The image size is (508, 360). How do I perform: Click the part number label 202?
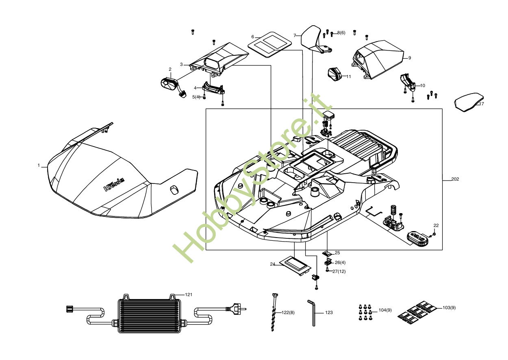click(x=455, y=179)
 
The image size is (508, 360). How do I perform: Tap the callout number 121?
click(x=189, y=295)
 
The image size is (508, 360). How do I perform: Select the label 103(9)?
click(x=449, y=308)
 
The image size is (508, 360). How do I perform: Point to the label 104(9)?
click(x=385, y=310)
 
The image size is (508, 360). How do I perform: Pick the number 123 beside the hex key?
click(x=329, y=312)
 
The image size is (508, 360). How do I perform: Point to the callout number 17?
click(x=482, y=104)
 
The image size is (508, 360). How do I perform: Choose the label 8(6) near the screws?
click(x=341, y=33)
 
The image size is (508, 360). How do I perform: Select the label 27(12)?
click(x=339, y=271)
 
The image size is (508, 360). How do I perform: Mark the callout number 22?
click(x=436, y=225)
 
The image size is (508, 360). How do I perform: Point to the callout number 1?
click(x=39, y=166)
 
